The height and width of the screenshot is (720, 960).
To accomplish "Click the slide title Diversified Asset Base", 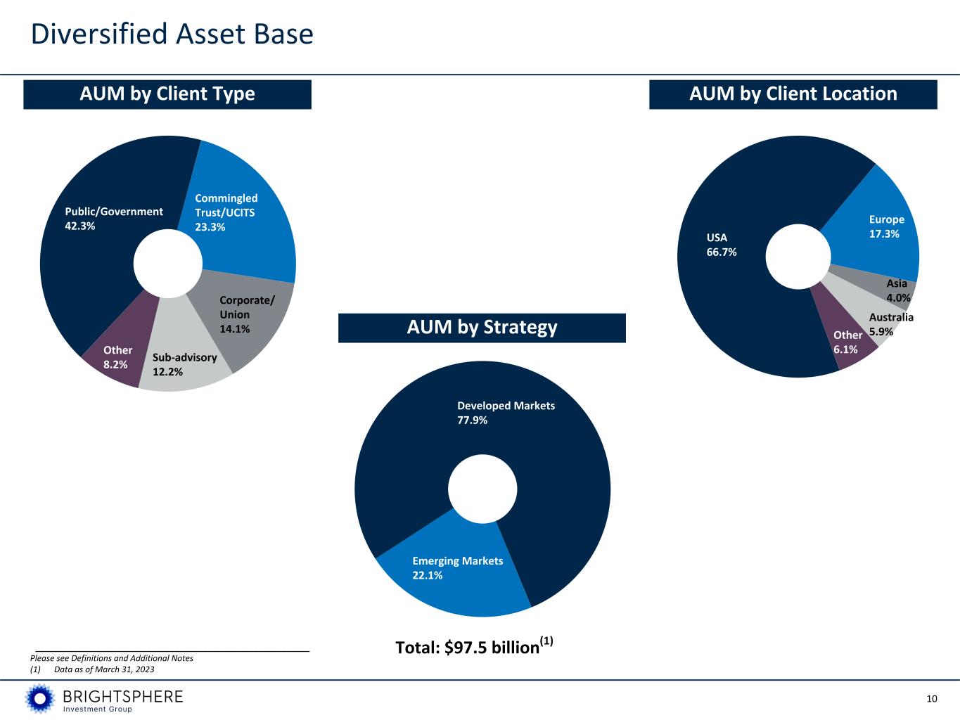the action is pyautogui.click(x=172, y=34).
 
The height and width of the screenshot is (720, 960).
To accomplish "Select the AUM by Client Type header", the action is pyautogui.click(x=167, y=94).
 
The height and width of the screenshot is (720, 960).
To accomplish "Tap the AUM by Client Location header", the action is pyautogui.click(x=793, y=94).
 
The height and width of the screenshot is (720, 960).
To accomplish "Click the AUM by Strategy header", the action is pyautogui.click(x=482, y=328).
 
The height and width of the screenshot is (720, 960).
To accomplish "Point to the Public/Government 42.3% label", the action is pyautogui.click(x=114, y=219).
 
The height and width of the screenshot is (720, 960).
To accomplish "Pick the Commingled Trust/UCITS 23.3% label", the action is pyautogui.click(x=226, y=212).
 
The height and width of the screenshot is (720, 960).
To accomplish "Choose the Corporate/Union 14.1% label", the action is pyautogui.click(x=247, y=314).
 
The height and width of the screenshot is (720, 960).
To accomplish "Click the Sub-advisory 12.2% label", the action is pyautogui.click(x=184, y=365).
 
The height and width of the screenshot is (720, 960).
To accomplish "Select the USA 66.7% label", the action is pyautogui.click(x=721, y=245).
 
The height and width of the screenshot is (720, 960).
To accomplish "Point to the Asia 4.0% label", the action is pyautogui.click(x=898, y=290).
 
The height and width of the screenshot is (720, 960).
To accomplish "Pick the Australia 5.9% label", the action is pyautogui.click(x=891, y=324).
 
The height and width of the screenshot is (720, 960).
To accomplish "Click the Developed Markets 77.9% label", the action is pyautogui.click(x=506, y=413).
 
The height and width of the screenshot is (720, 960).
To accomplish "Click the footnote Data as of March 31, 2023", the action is pyautogui.click(x=104, y=669).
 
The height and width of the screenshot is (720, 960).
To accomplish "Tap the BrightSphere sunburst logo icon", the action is pyautogui.click(x=40, y=698).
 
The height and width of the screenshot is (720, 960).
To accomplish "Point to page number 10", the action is pyautogui.click(x=932, y=699).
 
